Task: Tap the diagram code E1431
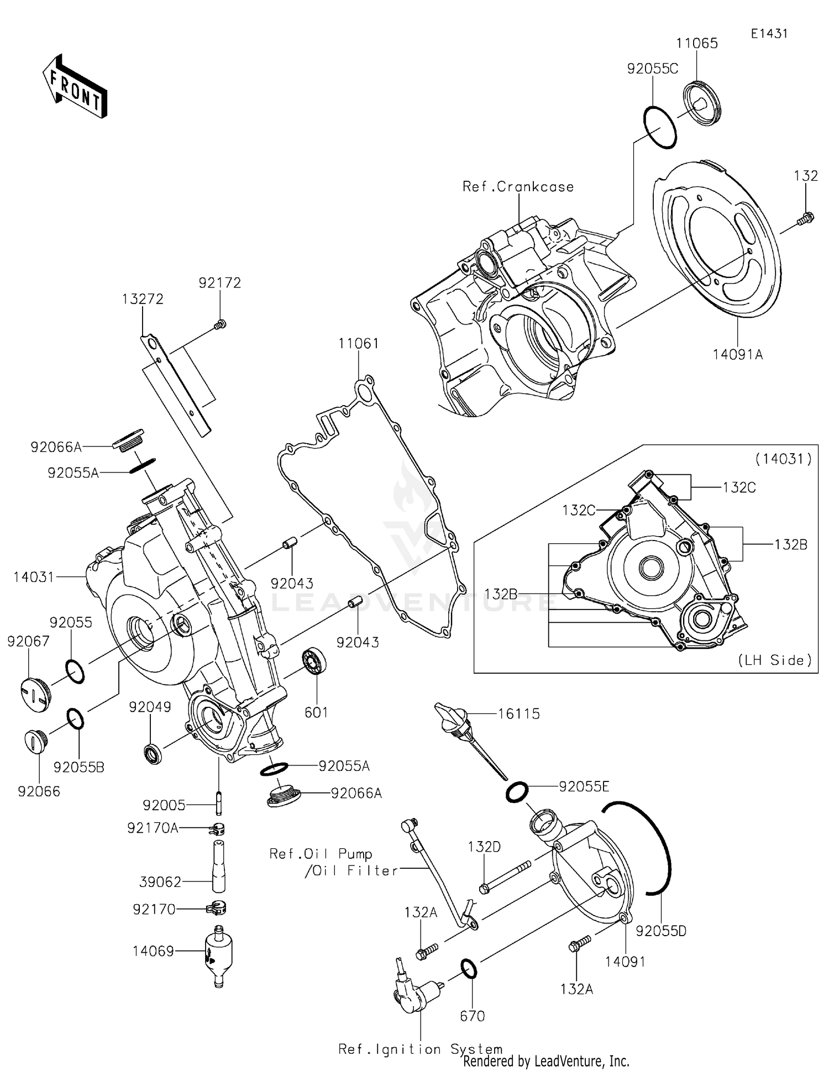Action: tap(769, 34)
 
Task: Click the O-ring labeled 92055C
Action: tap(660, 127)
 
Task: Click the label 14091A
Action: tap(738, 355)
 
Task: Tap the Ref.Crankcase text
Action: tap(518, 187)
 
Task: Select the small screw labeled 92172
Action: tap(220, 324)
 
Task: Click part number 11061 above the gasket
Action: tap(359, 344)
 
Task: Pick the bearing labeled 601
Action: tap(314, 663)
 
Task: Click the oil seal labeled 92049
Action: tap(153, 754)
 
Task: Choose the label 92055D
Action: tap(661, 931)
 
